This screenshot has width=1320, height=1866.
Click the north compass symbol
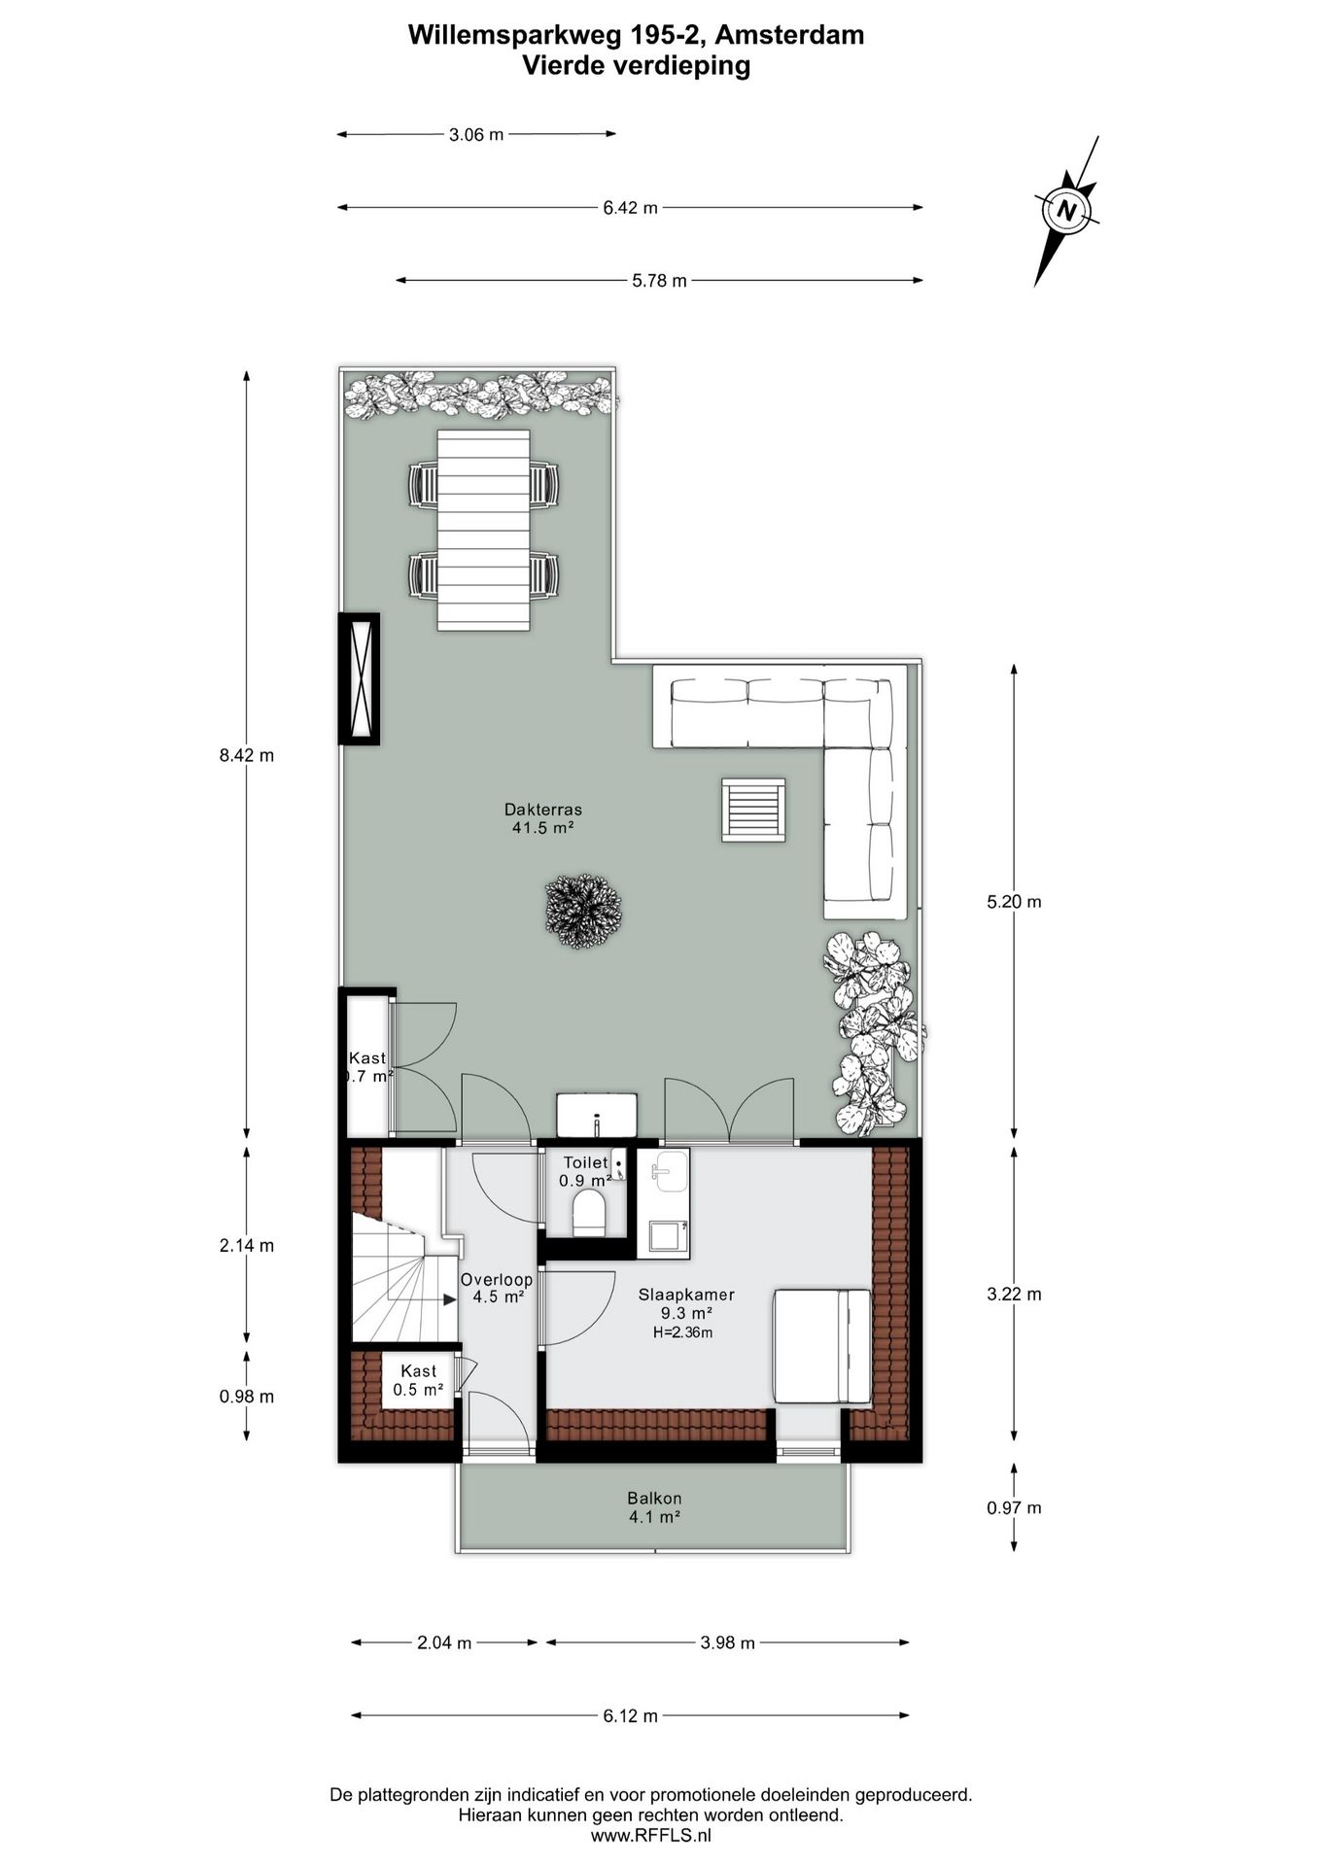click(x=1066, y=211)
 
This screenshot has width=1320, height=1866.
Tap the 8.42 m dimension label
click(x=247, y=755)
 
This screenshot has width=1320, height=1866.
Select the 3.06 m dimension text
click(x=476, y=135)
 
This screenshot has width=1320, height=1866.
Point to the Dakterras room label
click(x=543, y=809)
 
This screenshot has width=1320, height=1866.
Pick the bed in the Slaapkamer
click(x=822, y=1346)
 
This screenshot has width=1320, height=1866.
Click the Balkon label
click(x=654, y=1498)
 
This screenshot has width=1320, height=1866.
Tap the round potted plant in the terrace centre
click(x=582, y=911)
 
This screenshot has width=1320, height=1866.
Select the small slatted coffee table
click(x=753, y=810)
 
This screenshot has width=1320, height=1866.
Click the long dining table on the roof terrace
click(x=483, y=530)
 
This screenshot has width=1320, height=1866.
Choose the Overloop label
click(x=496, y=1280)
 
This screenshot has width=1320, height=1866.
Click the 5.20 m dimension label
click(x=1014, y=902)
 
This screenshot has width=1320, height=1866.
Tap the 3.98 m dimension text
click(x=728, y=1643)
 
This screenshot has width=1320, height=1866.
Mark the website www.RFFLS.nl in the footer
click(x=651, y=1836)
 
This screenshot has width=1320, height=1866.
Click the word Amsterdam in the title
click(x=793, y=35)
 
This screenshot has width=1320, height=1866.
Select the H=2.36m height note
click(x=682, y=1332)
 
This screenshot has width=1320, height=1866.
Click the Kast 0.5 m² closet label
click(x=418, y=1380)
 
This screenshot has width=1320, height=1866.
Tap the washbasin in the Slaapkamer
click(x=669, y=1170)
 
